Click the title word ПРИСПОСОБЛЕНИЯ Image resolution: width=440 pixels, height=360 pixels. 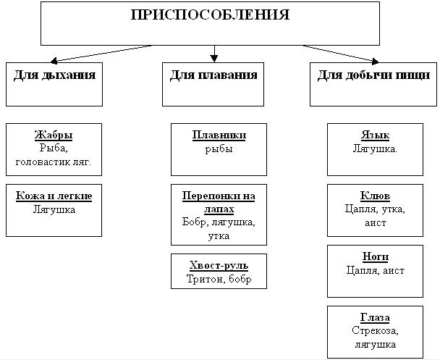[210, 15]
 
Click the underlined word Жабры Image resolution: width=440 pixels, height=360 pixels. [54, 135]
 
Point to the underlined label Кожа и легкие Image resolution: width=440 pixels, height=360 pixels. [54, 196]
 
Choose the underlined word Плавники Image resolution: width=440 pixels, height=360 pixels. [219, 135]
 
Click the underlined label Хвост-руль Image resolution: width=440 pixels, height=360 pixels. [218, 266]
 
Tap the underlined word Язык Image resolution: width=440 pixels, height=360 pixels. [375, 135]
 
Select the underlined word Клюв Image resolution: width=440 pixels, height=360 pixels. [375, 196]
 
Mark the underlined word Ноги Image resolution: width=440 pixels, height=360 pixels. [375, 257]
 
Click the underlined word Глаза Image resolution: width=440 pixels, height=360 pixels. [375, 318]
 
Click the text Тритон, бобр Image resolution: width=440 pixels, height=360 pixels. [219, 279]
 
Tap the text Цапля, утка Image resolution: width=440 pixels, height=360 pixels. [376, 209]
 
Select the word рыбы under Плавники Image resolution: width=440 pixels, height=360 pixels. [219, 148]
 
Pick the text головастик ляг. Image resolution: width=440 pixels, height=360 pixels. [54, 161]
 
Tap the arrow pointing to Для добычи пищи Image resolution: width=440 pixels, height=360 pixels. [340, 54]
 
